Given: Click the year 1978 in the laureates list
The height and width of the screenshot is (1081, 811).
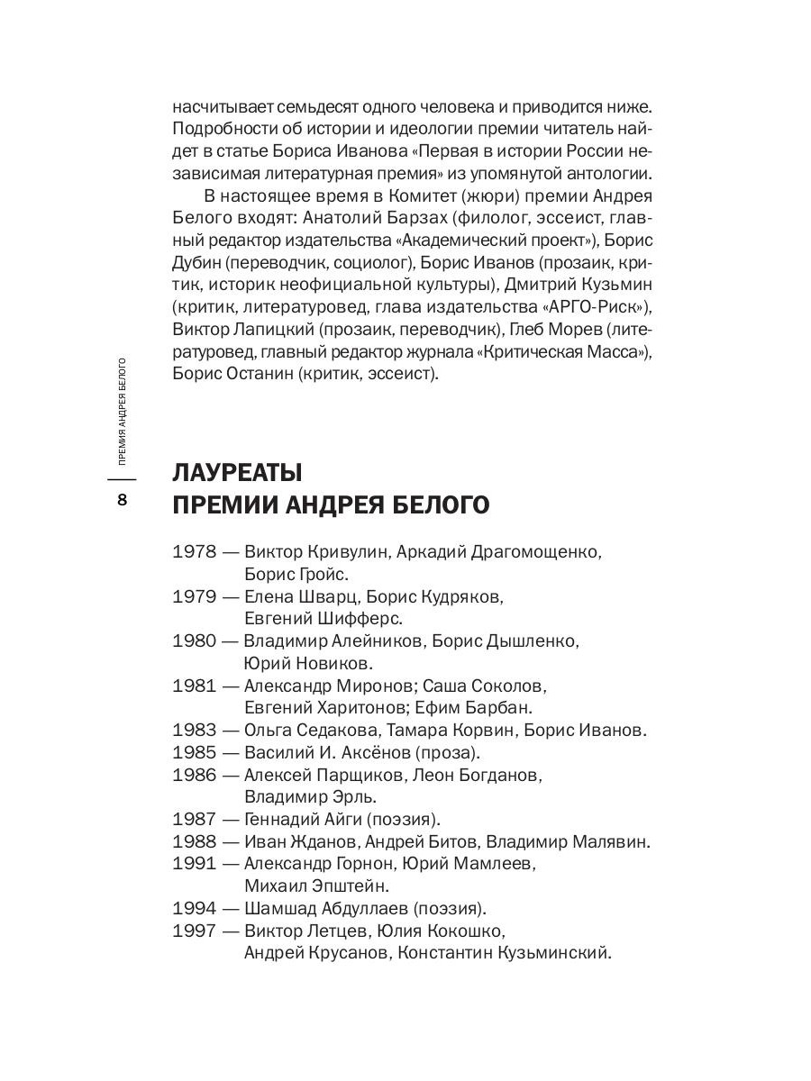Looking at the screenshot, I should click(x=194, y=550).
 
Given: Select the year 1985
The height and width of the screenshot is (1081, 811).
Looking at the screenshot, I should click(x=194, y=752).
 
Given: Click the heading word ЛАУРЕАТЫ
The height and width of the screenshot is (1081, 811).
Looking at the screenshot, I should click(x=236, y=472).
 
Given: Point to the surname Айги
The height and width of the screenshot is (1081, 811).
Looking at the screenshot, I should click(x=333, y=819).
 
